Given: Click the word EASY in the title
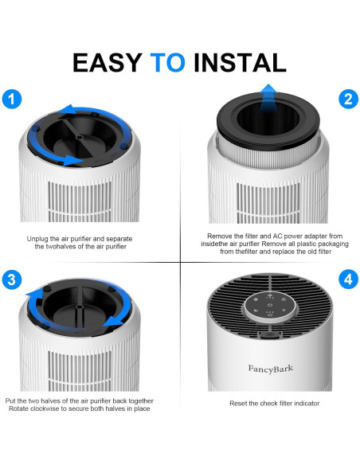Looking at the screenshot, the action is coord(108,63).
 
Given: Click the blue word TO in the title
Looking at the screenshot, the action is coord(167,63).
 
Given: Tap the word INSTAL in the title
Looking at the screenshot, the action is coord(240,63).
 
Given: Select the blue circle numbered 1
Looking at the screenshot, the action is coord(12,99).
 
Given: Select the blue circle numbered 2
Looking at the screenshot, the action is coord(348,99).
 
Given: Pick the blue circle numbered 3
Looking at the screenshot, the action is coord(12,279).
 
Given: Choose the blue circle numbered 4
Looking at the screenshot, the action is coord(348,279).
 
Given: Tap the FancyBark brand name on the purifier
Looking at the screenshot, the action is coord(271,369).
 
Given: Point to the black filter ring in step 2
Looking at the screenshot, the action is coord(268,121).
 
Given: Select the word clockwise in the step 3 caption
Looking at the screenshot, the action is coord(45,408).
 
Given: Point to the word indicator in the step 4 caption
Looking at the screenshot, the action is coord(307,404).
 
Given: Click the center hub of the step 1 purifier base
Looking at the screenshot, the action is coord(79,137).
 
